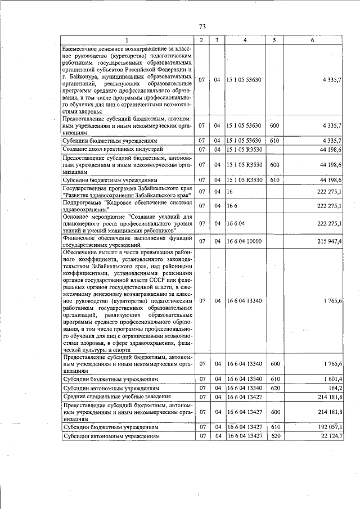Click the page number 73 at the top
point(202,27)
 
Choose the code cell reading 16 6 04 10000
point(245,241)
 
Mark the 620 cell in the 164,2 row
point(275,388)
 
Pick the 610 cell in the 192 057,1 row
point(275,427)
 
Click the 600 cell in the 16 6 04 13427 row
point(275,412)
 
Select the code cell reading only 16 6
point(232,206)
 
